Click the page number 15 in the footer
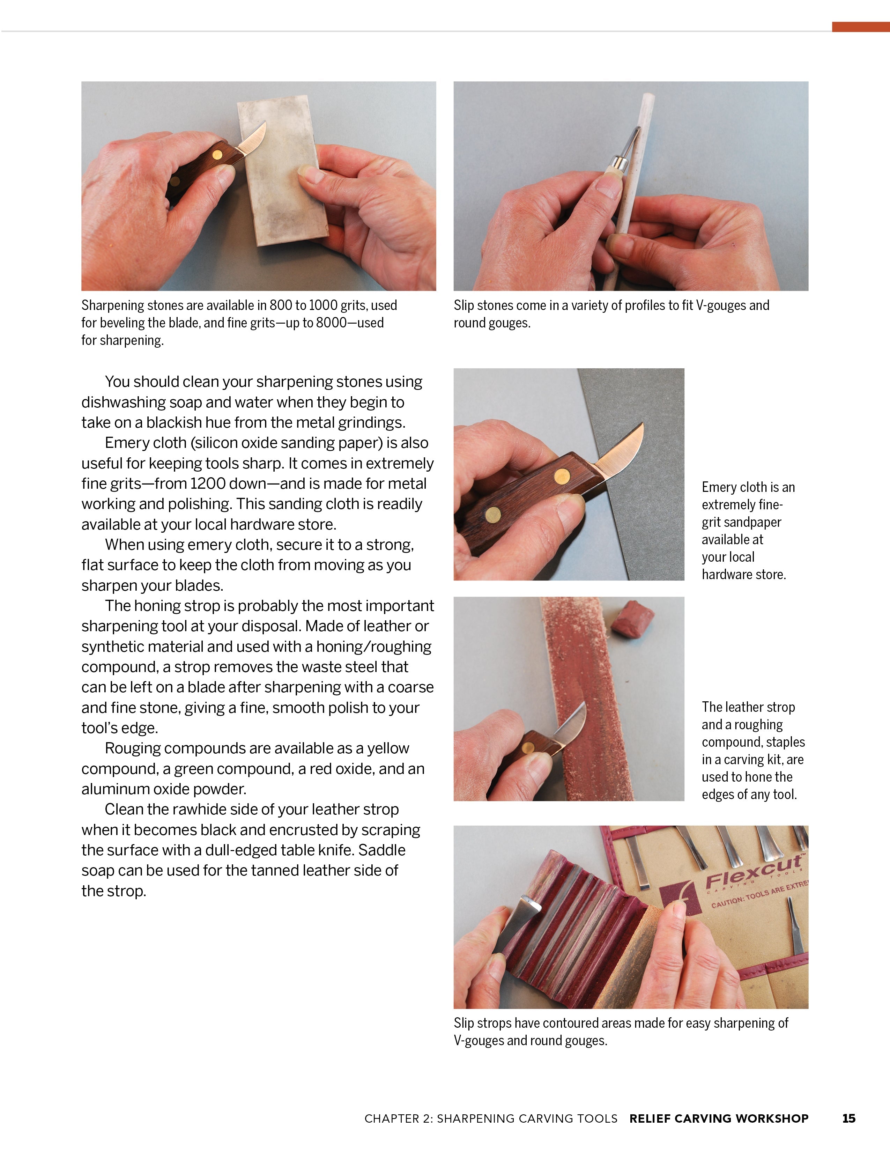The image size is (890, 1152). pyautogui.click(x=848, y=1118)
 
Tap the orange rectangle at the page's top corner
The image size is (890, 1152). pyautogui.click(x=860, y=27)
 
